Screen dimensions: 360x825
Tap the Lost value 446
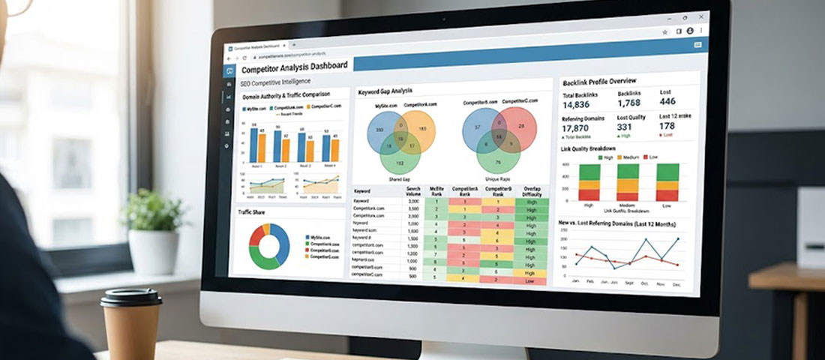click(667, 101)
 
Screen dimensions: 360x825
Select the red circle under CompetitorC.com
click(518, 128)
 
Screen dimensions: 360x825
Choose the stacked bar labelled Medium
click(627, 181)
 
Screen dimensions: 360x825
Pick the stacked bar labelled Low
click(667, 181)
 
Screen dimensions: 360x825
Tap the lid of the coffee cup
click(131, 297)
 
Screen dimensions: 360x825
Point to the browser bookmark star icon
click(664, 32)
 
